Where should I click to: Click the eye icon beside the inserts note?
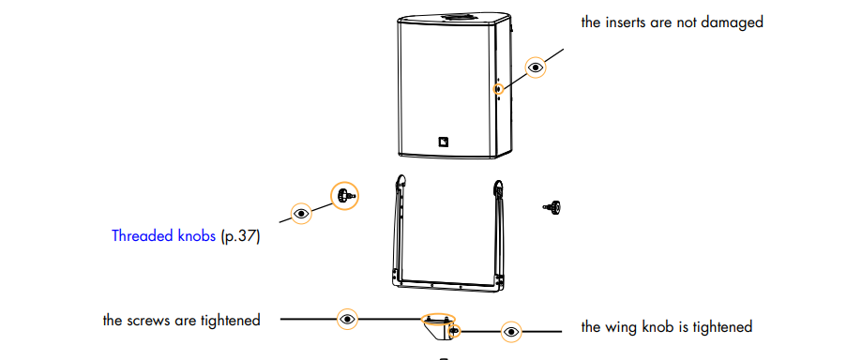(536, 67)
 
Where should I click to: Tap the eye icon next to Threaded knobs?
(301, 213)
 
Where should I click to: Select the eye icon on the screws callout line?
(347, 319)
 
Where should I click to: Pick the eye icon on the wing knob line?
(511, 332)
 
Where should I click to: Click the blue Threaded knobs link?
(164, 236)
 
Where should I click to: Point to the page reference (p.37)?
(240, 236)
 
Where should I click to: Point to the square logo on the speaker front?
(444, 142)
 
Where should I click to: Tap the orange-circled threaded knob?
(344, 195)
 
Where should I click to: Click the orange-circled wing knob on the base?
(454, 331)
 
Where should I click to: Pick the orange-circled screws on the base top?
(438, 319)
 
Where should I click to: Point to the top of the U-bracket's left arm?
(400, 181)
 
